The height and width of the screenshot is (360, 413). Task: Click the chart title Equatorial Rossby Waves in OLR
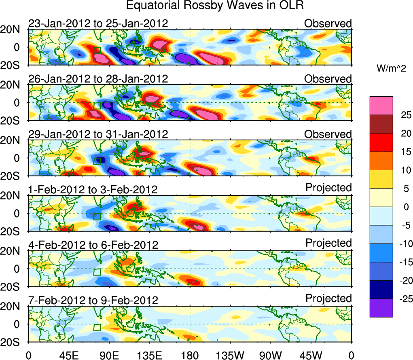point(215,6)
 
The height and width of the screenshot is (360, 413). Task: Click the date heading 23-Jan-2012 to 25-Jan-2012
point(98,23)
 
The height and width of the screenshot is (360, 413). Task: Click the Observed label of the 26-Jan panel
point(328,79)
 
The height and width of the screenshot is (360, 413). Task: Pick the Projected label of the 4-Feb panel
point(328,243)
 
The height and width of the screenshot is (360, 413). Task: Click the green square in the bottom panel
point(97,327)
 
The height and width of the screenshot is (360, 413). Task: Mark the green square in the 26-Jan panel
point(97,106)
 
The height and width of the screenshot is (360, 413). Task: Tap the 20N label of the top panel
point(13,30)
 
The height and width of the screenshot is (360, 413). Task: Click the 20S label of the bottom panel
point(13,342)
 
